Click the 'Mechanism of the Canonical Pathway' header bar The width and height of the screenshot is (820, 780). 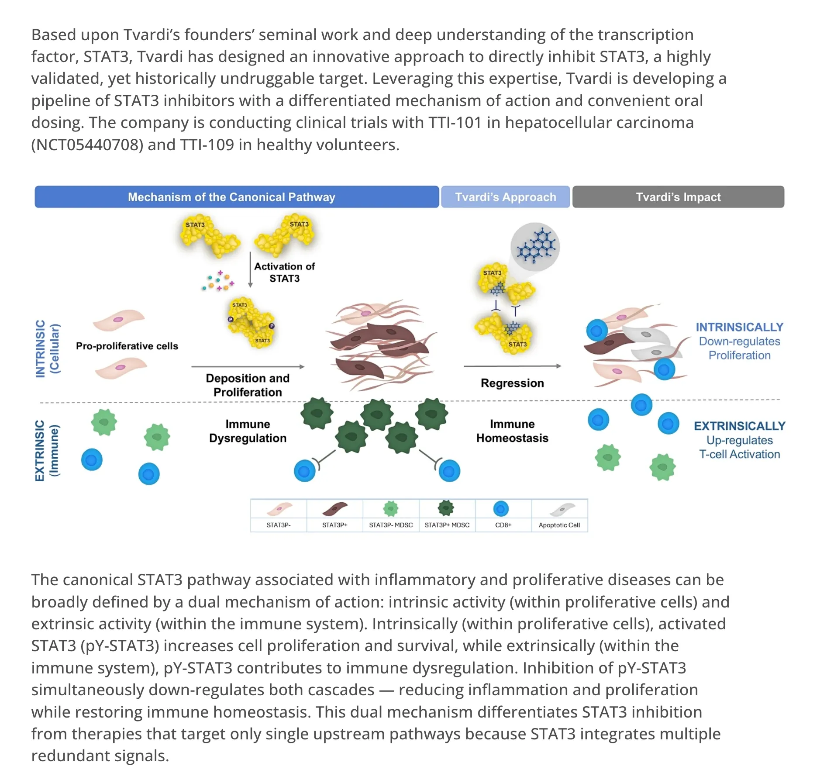237,197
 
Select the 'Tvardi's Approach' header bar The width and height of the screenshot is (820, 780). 506,197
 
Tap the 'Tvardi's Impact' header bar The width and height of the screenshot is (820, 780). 678,197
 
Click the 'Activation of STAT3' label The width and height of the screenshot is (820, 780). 284,272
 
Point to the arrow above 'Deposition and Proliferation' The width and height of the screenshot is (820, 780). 248,367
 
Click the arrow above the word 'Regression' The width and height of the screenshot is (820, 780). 513,366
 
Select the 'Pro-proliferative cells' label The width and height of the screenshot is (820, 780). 127,346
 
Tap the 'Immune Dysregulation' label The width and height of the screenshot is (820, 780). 248,431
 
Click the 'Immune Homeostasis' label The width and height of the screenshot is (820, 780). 512,431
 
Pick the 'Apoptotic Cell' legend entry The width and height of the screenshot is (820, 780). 560,515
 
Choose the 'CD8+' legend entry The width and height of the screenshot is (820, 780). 503,515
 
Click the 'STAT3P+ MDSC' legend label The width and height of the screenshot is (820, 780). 447,525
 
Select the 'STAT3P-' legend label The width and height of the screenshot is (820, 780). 279,525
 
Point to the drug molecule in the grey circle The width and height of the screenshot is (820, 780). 536,247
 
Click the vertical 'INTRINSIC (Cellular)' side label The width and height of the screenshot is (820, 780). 48,349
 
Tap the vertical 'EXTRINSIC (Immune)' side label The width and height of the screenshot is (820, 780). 46,451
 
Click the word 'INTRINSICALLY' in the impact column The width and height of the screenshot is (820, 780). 740,327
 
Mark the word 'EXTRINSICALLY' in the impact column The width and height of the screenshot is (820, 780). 740,426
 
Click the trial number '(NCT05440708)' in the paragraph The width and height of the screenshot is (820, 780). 87,145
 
